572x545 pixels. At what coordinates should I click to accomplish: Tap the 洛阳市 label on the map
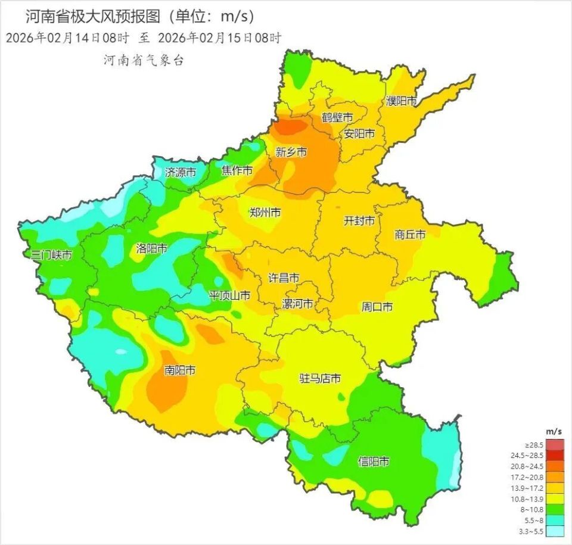151,248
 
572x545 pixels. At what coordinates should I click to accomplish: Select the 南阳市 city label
180,370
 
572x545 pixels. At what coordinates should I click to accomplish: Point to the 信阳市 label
374,461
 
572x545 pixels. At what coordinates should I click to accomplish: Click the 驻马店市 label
320,378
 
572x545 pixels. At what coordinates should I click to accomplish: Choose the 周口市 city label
377,307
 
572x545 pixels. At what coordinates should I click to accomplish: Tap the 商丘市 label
410,235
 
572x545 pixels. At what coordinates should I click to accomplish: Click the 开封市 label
359,220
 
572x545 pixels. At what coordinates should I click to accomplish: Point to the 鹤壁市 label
337,117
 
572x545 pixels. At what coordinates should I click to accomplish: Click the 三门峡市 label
52,255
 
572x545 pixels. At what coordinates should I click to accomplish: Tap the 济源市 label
181,173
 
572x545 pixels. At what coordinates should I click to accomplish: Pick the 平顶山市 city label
229,295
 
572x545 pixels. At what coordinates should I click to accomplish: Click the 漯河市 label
297,304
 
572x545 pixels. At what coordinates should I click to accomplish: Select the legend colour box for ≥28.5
555,445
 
